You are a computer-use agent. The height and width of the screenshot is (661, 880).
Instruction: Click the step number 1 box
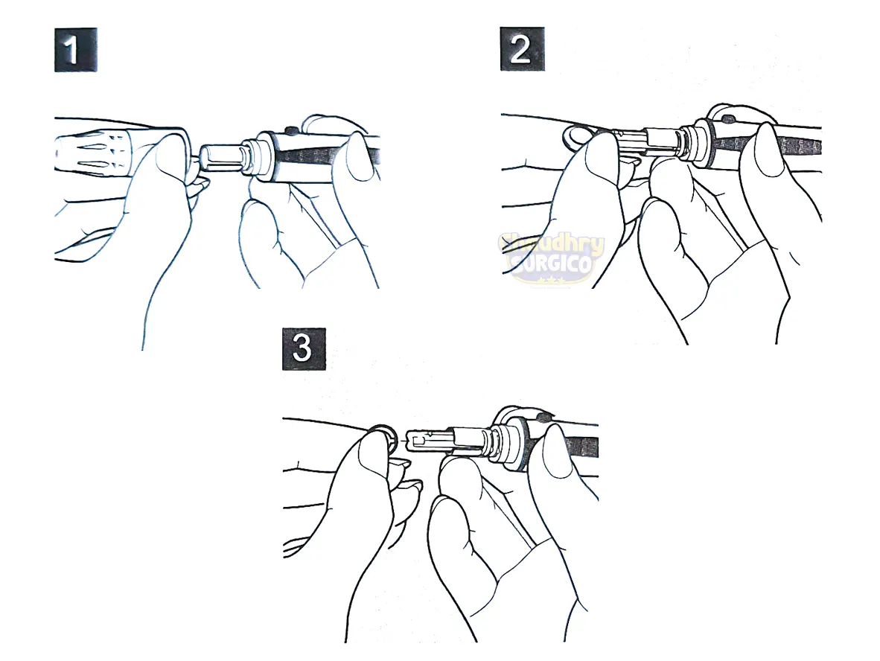pyautogui.click(x=76, y=51)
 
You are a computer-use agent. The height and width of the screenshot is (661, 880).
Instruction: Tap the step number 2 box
pyautogui.click(x=521, y=51)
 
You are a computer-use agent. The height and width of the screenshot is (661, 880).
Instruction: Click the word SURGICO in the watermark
pyautogui.click(x=552, y=264)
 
